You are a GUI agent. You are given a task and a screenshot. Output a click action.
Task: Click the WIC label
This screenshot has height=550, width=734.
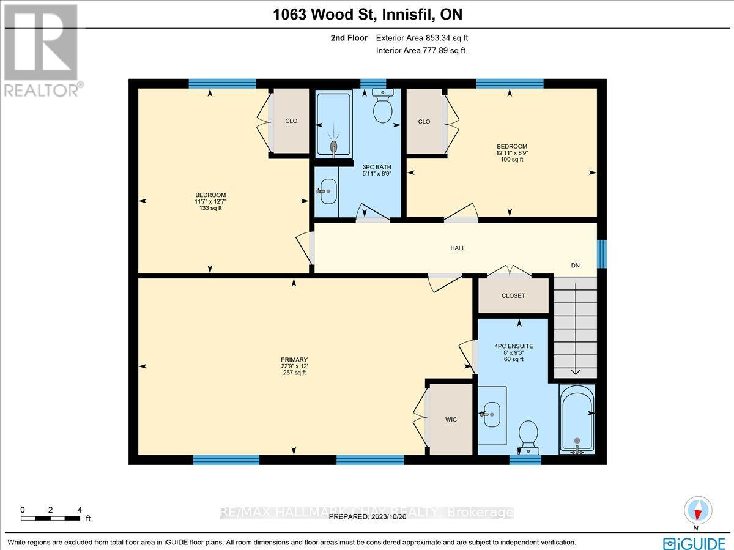pyautogui.click(x=451, y=419)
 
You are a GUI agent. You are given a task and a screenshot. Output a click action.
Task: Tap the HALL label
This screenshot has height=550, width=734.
pyautogui.click(x=458, y=248)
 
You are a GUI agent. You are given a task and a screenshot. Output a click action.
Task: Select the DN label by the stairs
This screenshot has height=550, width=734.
pyautogui.click(x=575, y=266)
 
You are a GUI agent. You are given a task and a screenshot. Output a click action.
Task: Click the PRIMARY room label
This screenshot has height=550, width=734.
pyautogui.click(x=294, y=360)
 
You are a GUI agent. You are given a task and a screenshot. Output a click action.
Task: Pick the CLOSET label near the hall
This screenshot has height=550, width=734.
pyautogui.click(x=513, y=295)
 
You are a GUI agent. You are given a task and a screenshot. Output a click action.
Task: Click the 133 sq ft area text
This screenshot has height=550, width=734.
pyautogui.click(x=211, y=208)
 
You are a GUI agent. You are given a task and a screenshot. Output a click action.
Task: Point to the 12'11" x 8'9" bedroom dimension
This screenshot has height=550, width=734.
pyautogui.click(x=512, y=153)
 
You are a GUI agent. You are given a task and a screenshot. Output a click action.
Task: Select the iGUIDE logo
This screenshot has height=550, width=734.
pyautogui.click(x=694, y=542)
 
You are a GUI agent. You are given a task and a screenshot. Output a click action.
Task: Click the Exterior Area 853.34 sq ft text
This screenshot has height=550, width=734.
pyautogui.click(x=422, y=38)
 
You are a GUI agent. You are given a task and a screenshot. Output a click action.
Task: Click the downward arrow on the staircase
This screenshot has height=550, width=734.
pyautogui.click(x=575, y=371)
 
